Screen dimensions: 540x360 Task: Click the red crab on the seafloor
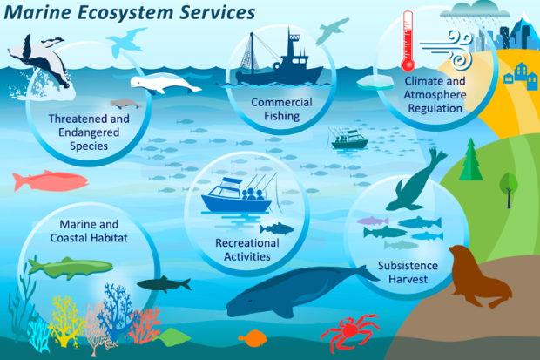[349, 332]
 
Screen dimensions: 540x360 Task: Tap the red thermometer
[408, 41]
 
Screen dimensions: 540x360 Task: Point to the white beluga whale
[165, 84]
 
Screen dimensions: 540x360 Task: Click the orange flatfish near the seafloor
[253, 338]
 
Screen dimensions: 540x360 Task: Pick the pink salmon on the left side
[51, 180]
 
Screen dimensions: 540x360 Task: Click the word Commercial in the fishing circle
[281, 102]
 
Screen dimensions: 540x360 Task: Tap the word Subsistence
[408, 266]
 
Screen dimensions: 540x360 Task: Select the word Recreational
[247, 243]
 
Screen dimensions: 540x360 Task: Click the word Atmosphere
[435, 95]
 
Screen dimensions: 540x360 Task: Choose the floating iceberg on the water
[375, 83]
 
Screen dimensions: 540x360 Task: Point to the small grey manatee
[125, 104]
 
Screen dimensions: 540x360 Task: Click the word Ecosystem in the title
[125, 12]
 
